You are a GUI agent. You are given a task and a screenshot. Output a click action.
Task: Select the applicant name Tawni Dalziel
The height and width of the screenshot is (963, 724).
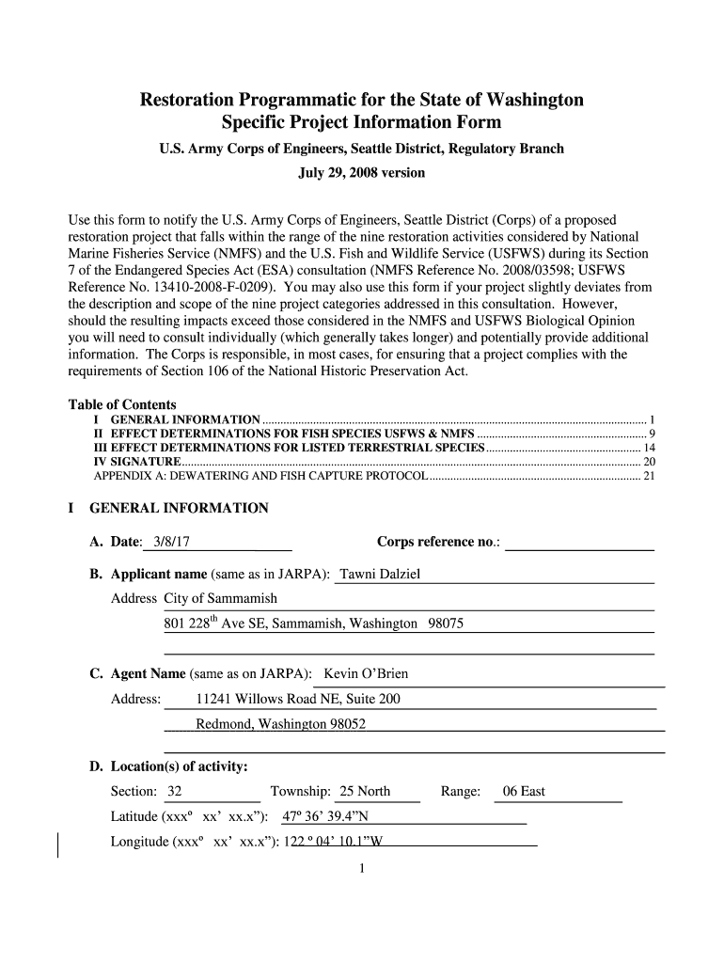(x=380, y=575)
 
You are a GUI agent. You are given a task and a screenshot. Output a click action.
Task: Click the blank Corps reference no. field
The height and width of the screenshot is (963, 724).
(x=579, y=543)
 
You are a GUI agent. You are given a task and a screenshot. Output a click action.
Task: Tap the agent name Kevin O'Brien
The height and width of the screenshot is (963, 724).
(x=366, y=674)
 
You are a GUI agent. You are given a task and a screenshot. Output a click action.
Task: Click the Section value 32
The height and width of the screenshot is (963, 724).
(x=175, y=791)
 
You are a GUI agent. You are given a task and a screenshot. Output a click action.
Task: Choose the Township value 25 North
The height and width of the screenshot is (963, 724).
(x=365, y=791)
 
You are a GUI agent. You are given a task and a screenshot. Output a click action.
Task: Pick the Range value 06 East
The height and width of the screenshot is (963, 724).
(x=524, y=791)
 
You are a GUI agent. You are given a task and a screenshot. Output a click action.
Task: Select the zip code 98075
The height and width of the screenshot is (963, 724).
(x=446, y=624)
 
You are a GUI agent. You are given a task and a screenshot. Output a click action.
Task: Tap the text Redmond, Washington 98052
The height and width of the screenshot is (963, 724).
(x=280, y=724)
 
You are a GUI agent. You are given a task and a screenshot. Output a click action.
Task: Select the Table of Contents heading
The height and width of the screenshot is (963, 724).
(x=122, y=404)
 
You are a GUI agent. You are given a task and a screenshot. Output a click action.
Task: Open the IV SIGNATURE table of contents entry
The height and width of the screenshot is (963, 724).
(x=137, y=462)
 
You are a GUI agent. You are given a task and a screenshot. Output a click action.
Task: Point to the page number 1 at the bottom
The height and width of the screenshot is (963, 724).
(x=362, y=868)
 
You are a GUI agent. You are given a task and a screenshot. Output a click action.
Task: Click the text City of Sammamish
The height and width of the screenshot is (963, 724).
(x=220, y=599)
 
